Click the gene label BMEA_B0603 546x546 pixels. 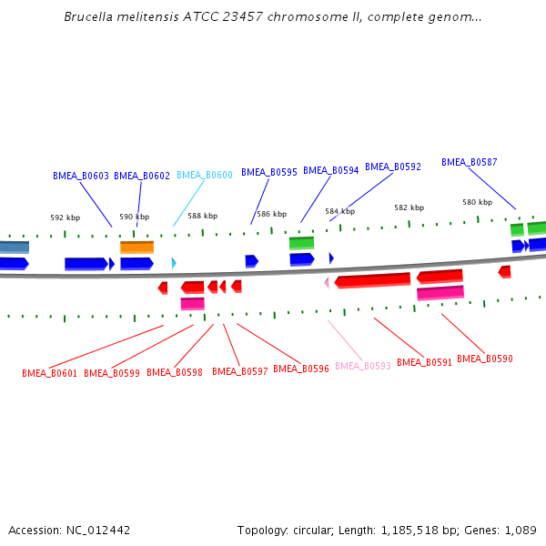(81, 176)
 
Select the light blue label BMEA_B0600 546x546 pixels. (205, 175)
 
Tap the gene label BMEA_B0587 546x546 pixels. (470, 162)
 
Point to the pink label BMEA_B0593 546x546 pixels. (363, 366)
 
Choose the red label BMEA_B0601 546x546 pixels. (50, 373)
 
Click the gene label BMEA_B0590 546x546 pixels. (485, 359)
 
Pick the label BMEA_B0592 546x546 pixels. (393, 167)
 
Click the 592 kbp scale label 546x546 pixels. (65, 217)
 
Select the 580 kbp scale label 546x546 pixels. (477, 202)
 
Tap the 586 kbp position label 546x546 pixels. (271, 214)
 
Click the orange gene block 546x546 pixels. (136, 247)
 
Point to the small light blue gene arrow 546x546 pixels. (173, 263)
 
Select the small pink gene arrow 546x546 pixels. (326, 282)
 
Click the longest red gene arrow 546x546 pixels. (373, 280)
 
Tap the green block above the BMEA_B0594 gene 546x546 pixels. (301, 243)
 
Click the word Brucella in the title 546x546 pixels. (89, 17)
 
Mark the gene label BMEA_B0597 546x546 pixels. (240, 371)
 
